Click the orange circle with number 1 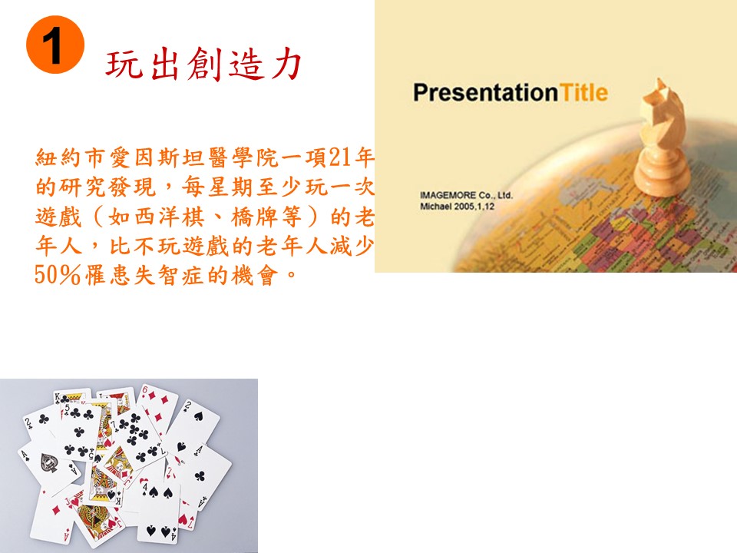[x=55, y=45]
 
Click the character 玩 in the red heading [x=124, y=64]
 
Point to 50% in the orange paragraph [x=58, y=275]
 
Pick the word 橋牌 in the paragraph [x=254, y=217]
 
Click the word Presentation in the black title [x=485, y=93]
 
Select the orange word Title [x=583, y=92]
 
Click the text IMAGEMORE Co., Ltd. [x=466, y=195]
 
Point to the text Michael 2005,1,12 [x=457, y=207]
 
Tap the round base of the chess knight [x=662, y=177]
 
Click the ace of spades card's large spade [x=49, y=463]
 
